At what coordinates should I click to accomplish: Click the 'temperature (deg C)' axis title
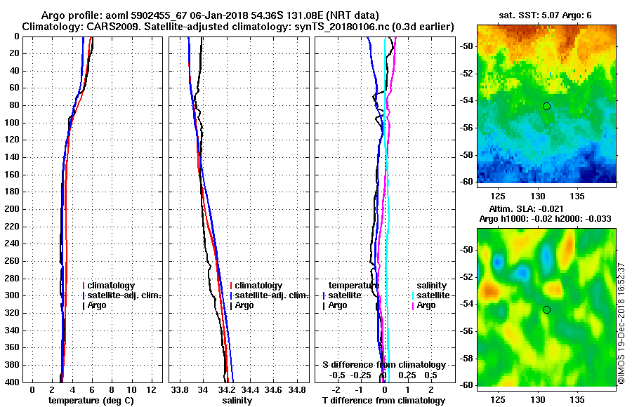click(x=91, y=401)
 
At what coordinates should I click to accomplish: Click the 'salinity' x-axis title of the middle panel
click(x=237, y=401)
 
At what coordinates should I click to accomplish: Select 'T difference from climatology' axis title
click(x=384, y=401)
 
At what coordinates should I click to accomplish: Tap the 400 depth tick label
click(x=12, y=382)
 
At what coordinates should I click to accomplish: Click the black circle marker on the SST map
click(x=546, y=106)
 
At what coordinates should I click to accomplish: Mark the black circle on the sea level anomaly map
click(x=546, y=309)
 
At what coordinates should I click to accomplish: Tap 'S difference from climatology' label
click(x=384, y=365)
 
